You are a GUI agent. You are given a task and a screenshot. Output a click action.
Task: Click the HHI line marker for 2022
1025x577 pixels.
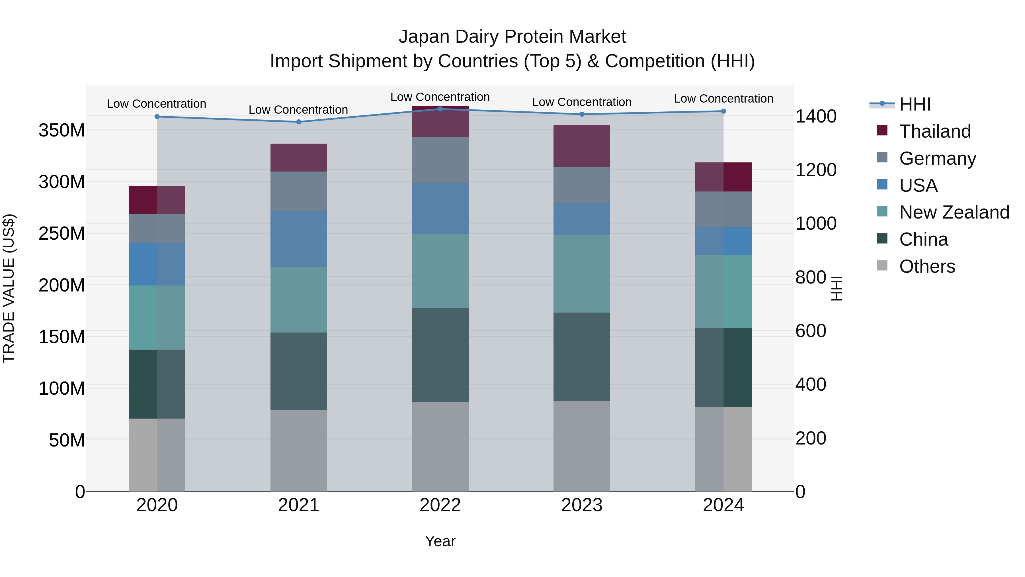pyautogui.click(x=440, y=109)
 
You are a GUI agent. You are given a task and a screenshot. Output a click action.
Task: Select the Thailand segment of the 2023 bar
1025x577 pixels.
pyautogui.click(x=582, y=146)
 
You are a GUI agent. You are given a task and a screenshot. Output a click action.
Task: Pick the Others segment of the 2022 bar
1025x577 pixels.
pyautogui.click(x=440, y=446)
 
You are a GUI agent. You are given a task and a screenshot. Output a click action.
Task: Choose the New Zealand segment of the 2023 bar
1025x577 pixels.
pyautogui.click(x=582, y=273)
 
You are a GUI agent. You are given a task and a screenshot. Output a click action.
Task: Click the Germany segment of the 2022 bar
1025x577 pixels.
pyautogui.click(x=440, y=160)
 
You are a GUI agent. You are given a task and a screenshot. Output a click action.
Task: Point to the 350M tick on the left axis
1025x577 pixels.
pyautogui.click(x=62, y=130)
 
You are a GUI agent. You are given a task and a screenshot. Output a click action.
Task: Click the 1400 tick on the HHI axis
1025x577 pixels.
pyautogui.click(x=815, y=116)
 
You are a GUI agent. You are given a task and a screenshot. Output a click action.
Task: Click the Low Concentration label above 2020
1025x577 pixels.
pyautogui.click(x=156, y=104)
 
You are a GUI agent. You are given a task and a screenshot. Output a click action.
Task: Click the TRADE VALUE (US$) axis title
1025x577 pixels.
pyautogui.click(x=9, y=288)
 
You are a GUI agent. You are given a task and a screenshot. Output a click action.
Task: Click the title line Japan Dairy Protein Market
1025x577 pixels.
pyautogui.click(x=512, y=37)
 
